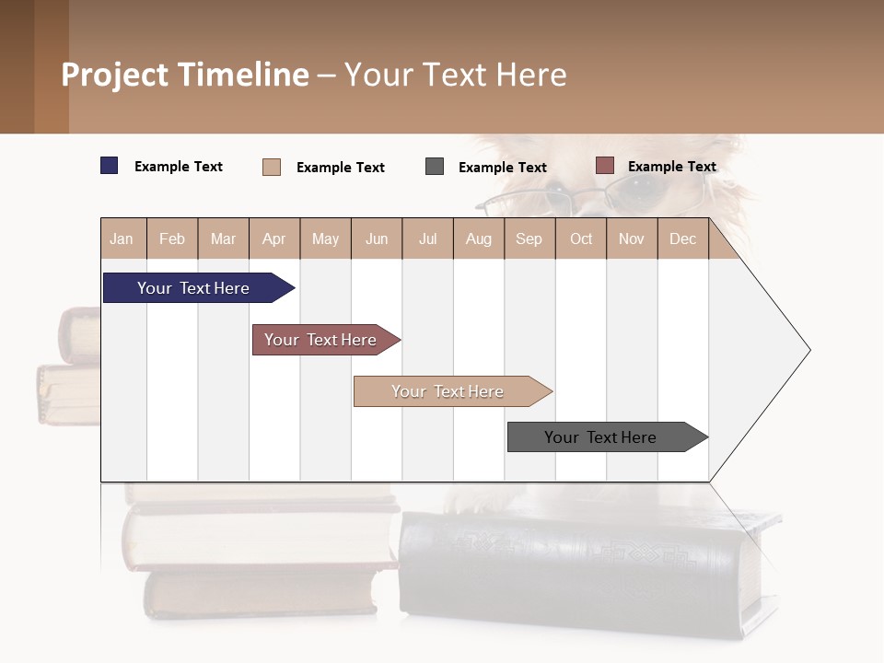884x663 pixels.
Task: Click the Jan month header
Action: (122, 238)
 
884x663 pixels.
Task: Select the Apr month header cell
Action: (274, 238)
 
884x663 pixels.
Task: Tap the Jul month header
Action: (427, 238)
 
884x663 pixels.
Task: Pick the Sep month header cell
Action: (529, 238)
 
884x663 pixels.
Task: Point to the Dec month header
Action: (682, 238)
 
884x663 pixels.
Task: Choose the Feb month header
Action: (172, 238)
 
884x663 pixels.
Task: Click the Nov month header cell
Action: (632, 238)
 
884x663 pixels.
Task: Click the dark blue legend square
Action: (110, 166)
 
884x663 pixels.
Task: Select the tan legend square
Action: (272, 167)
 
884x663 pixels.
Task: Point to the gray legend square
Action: (435, 167)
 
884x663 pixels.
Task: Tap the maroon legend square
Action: (604, 166)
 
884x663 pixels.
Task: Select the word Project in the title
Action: (115, 76)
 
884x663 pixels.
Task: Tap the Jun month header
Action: (377, 238)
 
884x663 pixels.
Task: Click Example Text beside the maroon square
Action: (671, 167)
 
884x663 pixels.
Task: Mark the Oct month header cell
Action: (581, 238)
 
